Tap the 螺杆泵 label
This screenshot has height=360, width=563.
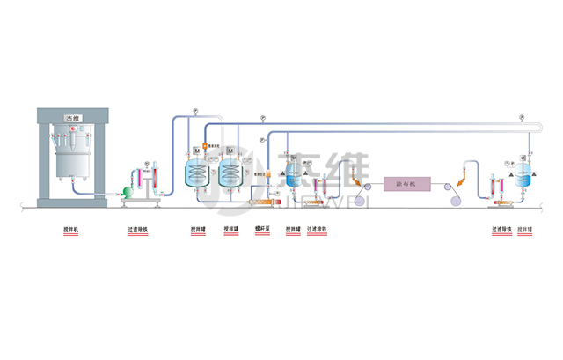pos(261,231)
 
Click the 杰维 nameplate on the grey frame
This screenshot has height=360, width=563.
pos(71,117)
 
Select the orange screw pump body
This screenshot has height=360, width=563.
pos(261,204)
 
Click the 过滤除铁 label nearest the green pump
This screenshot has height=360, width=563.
pos(143,231)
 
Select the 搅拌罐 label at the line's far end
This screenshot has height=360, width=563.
pos(525,231)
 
